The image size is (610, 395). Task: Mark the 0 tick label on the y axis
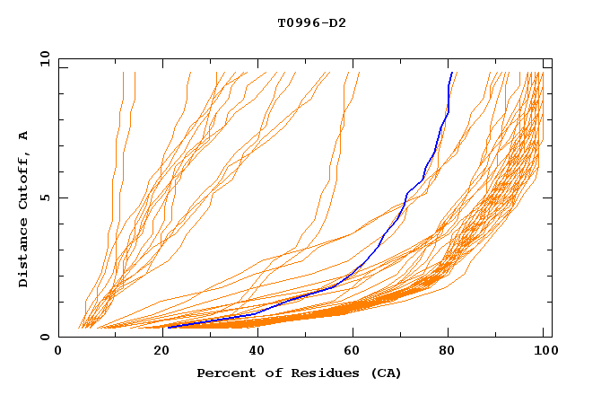point(44,338)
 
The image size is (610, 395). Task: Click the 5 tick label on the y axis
point(44,197)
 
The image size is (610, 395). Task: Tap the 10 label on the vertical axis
point(41,58)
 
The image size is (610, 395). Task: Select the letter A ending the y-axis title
point(23,135)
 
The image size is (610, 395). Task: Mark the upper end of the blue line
point(451,73)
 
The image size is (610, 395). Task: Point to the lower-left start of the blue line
point(168,328)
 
